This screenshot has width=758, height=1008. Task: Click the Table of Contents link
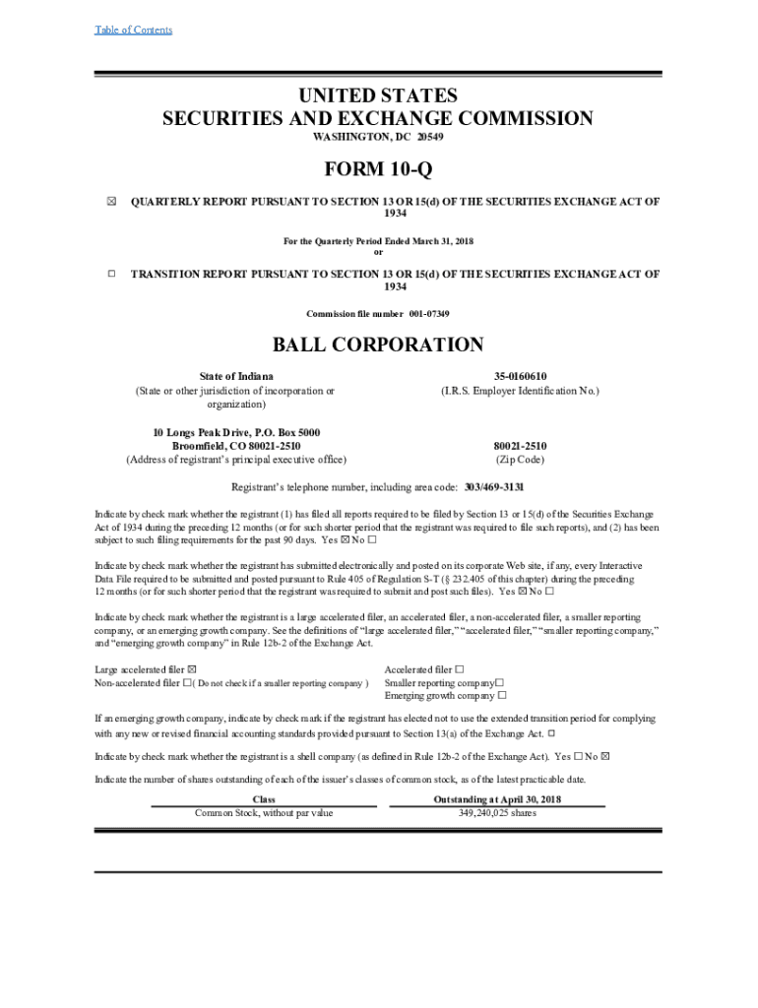tap(133, 30)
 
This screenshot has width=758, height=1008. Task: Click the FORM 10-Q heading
tap(378, 170)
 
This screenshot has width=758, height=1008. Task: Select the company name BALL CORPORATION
tap(378, 346)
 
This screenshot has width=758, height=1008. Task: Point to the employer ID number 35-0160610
tap(520, 377)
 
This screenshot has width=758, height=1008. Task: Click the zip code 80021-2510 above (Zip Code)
tap(520, 446)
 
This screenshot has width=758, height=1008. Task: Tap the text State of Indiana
tap(236, 377)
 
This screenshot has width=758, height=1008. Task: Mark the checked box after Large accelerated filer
tap(191, 669)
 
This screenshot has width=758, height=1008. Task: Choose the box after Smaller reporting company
tap(499, 682)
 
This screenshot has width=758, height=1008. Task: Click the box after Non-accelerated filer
tap(187, 683)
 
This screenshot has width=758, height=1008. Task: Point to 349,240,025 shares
tap(497, 813)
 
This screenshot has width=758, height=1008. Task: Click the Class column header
tap(264, 800)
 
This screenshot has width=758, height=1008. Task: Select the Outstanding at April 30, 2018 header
tap(497, 800)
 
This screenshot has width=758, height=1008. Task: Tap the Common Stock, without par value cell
tap(264, 813)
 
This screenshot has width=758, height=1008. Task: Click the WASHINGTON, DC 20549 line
tap(378, 138)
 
